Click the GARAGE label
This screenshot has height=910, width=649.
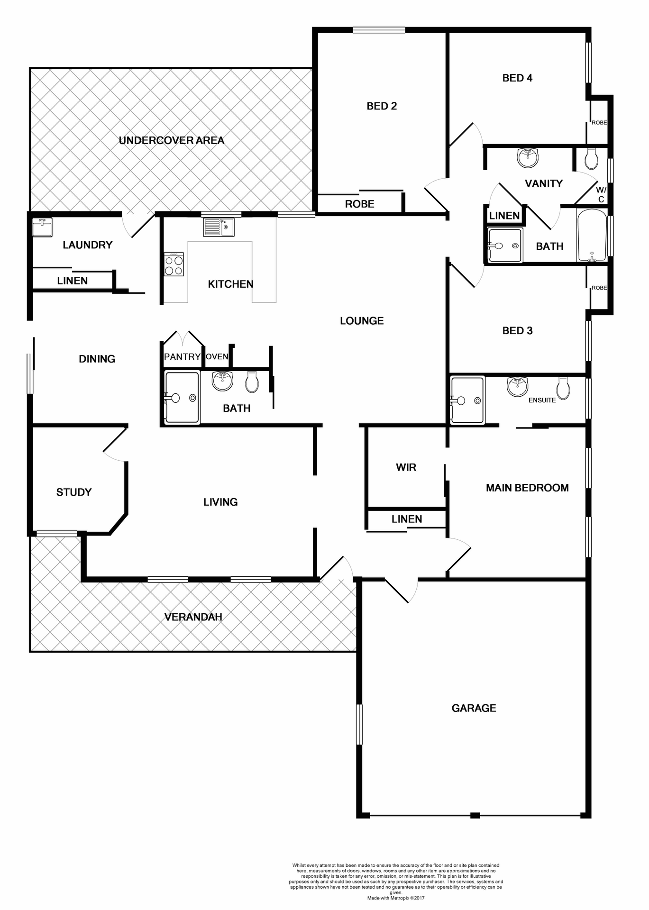474,708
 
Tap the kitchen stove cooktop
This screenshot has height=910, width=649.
174,264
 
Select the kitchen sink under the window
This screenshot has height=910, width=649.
219,227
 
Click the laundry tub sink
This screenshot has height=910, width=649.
42,227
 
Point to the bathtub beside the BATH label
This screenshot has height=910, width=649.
592,235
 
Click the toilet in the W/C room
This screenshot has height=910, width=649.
591,159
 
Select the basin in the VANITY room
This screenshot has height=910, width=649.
528,157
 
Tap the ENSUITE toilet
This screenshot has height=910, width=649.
563,388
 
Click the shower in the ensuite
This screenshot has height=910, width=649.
467,400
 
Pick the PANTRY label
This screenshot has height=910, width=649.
182,357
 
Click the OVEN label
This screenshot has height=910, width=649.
217,357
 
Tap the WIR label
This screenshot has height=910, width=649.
406,467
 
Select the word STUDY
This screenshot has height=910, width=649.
73,492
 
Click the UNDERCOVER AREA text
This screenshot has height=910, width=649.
171,140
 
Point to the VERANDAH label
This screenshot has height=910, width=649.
193,617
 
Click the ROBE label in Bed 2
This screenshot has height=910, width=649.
359,204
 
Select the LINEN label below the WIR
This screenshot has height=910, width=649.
406,519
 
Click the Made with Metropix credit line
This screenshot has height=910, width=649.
396,898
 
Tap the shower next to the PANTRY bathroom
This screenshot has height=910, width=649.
182,397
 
